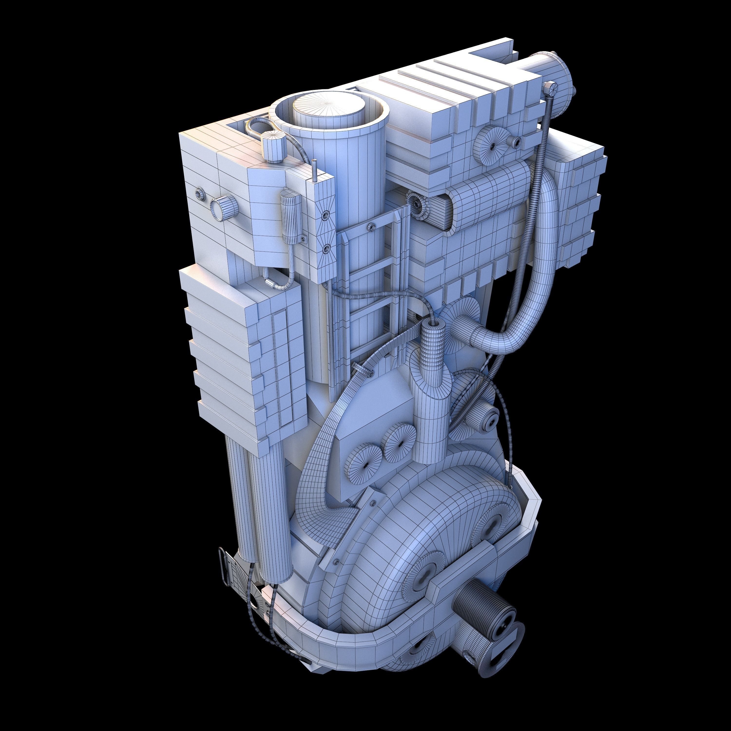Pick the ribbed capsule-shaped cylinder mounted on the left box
tap(291, 218)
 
